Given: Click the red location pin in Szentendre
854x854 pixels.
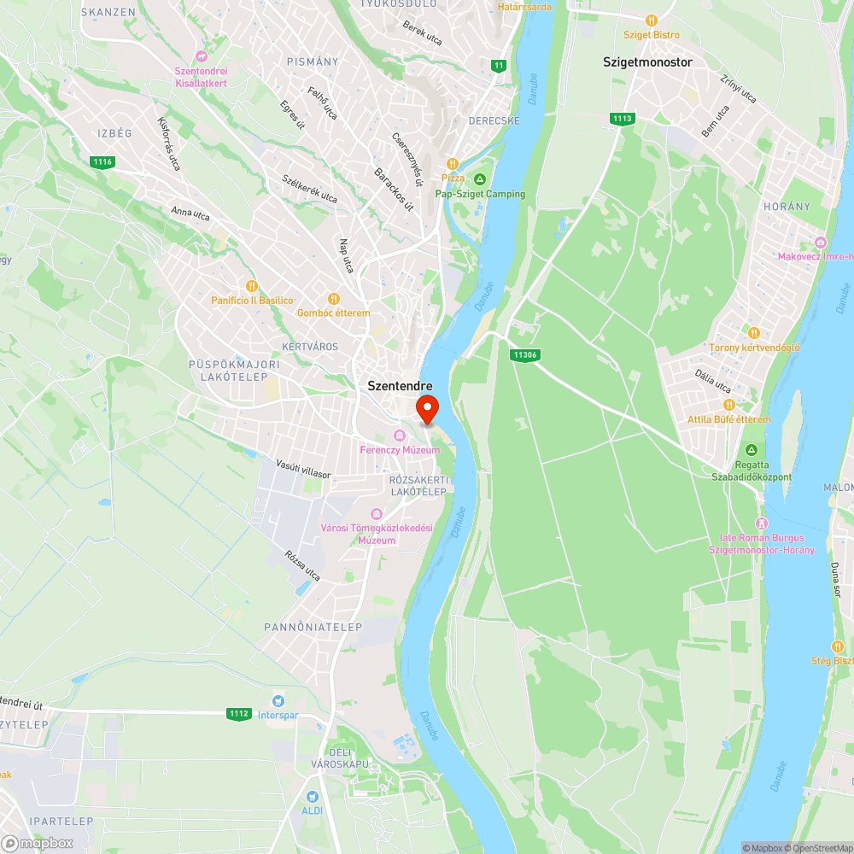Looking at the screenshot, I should point(426,408).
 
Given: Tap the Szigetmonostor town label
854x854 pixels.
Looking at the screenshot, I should point(647,62).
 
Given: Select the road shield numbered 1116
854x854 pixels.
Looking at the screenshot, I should point(103,161).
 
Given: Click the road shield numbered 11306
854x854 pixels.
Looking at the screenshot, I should point(527,354).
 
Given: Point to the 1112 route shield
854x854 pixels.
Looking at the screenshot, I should point(239,713).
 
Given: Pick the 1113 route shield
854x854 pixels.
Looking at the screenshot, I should point(622,118).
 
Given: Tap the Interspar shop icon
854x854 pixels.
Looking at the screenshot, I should point(277,700).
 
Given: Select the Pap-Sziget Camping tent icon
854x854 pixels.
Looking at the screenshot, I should point(480,179).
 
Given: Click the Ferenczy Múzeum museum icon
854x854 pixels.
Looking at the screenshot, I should point(399,436).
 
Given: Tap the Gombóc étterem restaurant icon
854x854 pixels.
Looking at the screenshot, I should point(333,299).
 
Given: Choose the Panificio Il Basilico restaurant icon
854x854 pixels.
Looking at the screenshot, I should point(251,286).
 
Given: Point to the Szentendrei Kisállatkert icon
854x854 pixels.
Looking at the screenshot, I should point(202,56).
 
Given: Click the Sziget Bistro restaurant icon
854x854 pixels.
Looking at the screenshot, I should point(652,20).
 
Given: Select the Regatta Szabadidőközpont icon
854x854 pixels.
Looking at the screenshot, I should point(752,450).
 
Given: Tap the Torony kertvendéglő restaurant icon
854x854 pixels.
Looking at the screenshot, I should point(753,333).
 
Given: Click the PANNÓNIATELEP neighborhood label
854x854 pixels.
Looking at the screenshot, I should point(313,627).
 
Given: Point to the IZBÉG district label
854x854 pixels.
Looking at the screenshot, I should point(114,133).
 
